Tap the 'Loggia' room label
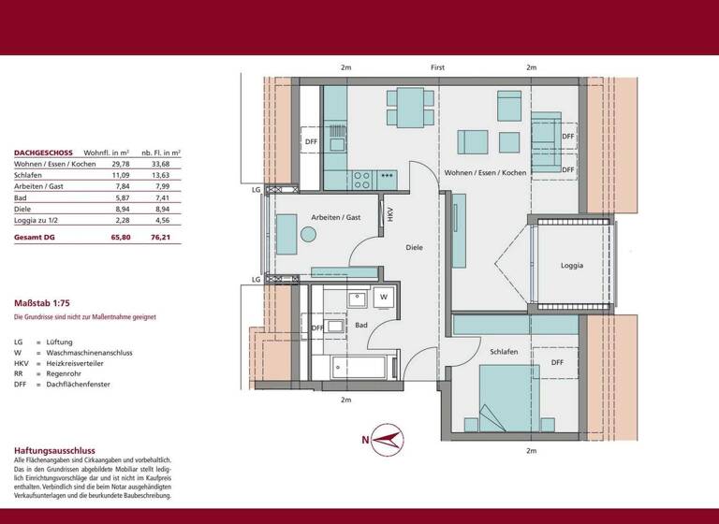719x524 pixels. (572, 265)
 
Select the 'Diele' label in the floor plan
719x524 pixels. (414, 248)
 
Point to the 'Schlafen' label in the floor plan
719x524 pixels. (503, 350)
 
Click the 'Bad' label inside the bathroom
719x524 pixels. (361, 325)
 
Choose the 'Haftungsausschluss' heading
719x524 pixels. (54, 450)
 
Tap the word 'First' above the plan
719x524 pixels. (437, 68)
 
